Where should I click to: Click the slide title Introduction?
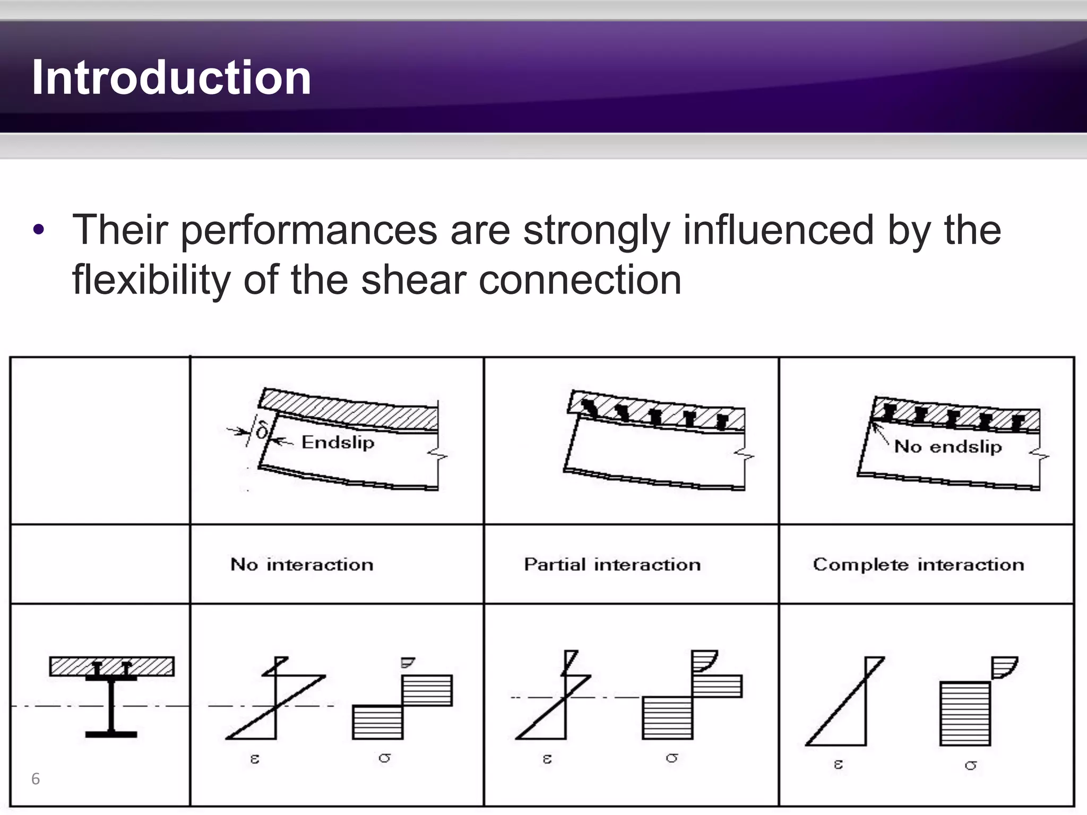[171, 77]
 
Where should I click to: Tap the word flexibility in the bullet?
[151, 280]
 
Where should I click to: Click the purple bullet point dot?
[38, 230]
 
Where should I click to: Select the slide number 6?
[36, 778]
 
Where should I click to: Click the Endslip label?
[338, 442]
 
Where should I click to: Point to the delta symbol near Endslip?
[262, 430]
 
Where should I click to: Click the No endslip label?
[948, 446]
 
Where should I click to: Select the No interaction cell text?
[301, 564]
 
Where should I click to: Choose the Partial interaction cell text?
[612, 564]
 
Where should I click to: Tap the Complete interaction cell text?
[918, 564]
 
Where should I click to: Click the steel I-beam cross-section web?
[111, 706]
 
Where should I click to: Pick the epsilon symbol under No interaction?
[255, 759]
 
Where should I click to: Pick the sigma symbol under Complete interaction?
[971, 765]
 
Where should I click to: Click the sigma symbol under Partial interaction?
[672, 758]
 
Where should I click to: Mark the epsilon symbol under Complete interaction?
[838, 765]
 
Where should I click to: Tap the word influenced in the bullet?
[778, 230]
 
